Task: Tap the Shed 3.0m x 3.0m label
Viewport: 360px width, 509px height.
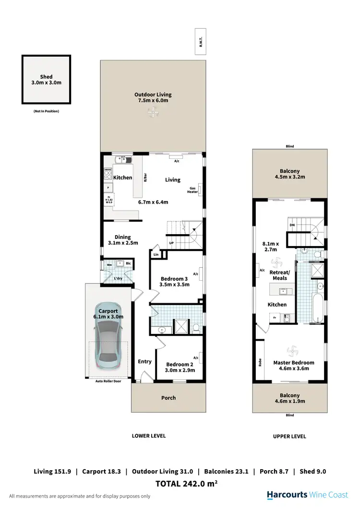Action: [x=46, y=80]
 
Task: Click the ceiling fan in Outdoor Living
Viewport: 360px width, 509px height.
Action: [x=153, y=113]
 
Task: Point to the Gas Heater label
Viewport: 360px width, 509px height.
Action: [x=192, y=190]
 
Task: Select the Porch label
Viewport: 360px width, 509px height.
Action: [x=168, y=398]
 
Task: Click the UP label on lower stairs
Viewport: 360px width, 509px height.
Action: [x=171, y=243]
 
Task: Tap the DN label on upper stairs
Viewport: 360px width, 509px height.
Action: [x=292, y=225]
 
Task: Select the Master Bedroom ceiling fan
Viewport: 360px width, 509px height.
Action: [x=290, y=351]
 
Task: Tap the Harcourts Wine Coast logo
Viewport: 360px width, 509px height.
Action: [x=308, y=495]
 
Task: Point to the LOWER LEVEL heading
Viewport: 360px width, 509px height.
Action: [x=149, y=436]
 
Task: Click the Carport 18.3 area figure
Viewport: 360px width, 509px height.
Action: [x=101, y=472]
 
